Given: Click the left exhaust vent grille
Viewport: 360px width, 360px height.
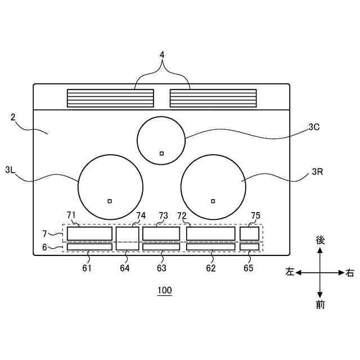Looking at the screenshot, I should pos(110,98).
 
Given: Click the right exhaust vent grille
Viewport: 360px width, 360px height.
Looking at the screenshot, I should pos(213,98).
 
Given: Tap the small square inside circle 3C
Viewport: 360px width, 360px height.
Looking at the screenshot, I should pos(161,153).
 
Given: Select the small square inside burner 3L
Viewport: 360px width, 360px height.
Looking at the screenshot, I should pos(110,201).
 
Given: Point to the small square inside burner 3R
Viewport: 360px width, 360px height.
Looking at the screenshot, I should pos(213,201).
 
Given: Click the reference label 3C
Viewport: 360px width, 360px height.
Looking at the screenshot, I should pos(314,127).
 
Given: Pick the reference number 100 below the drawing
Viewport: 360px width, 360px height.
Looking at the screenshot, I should pos(165,291).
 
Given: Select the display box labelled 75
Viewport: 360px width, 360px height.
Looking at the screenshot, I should pos(249,233).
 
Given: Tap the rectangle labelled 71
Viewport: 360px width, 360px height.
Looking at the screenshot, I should pos(89,233).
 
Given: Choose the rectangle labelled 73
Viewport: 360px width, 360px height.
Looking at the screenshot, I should pos(161,233).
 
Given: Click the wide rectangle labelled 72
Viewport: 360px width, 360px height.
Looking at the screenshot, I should pos(210,233).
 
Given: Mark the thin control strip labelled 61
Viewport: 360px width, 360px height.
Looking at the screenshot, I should pos(89,247).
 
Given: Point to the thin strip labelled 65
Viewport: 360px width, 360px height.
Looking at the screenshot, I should pos(249,247).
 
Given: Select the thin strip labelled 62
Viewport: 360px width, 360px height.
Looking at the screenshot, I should pos(210,247).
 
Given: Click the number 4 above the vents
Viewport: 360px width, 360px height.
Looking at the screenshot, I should pos(162,55).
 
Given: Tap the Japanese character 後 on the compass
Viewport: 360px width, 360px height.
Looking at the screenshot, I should pos(320,240).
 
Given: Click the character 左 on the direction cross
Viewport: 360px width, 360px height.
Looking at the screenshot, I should pos(290,272).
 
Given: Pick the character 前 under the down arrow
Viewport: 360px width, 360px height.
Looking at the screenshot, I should pos(320,305).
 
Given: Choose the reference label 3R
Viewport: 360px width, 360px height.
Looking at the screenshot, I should pos(317,172).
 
